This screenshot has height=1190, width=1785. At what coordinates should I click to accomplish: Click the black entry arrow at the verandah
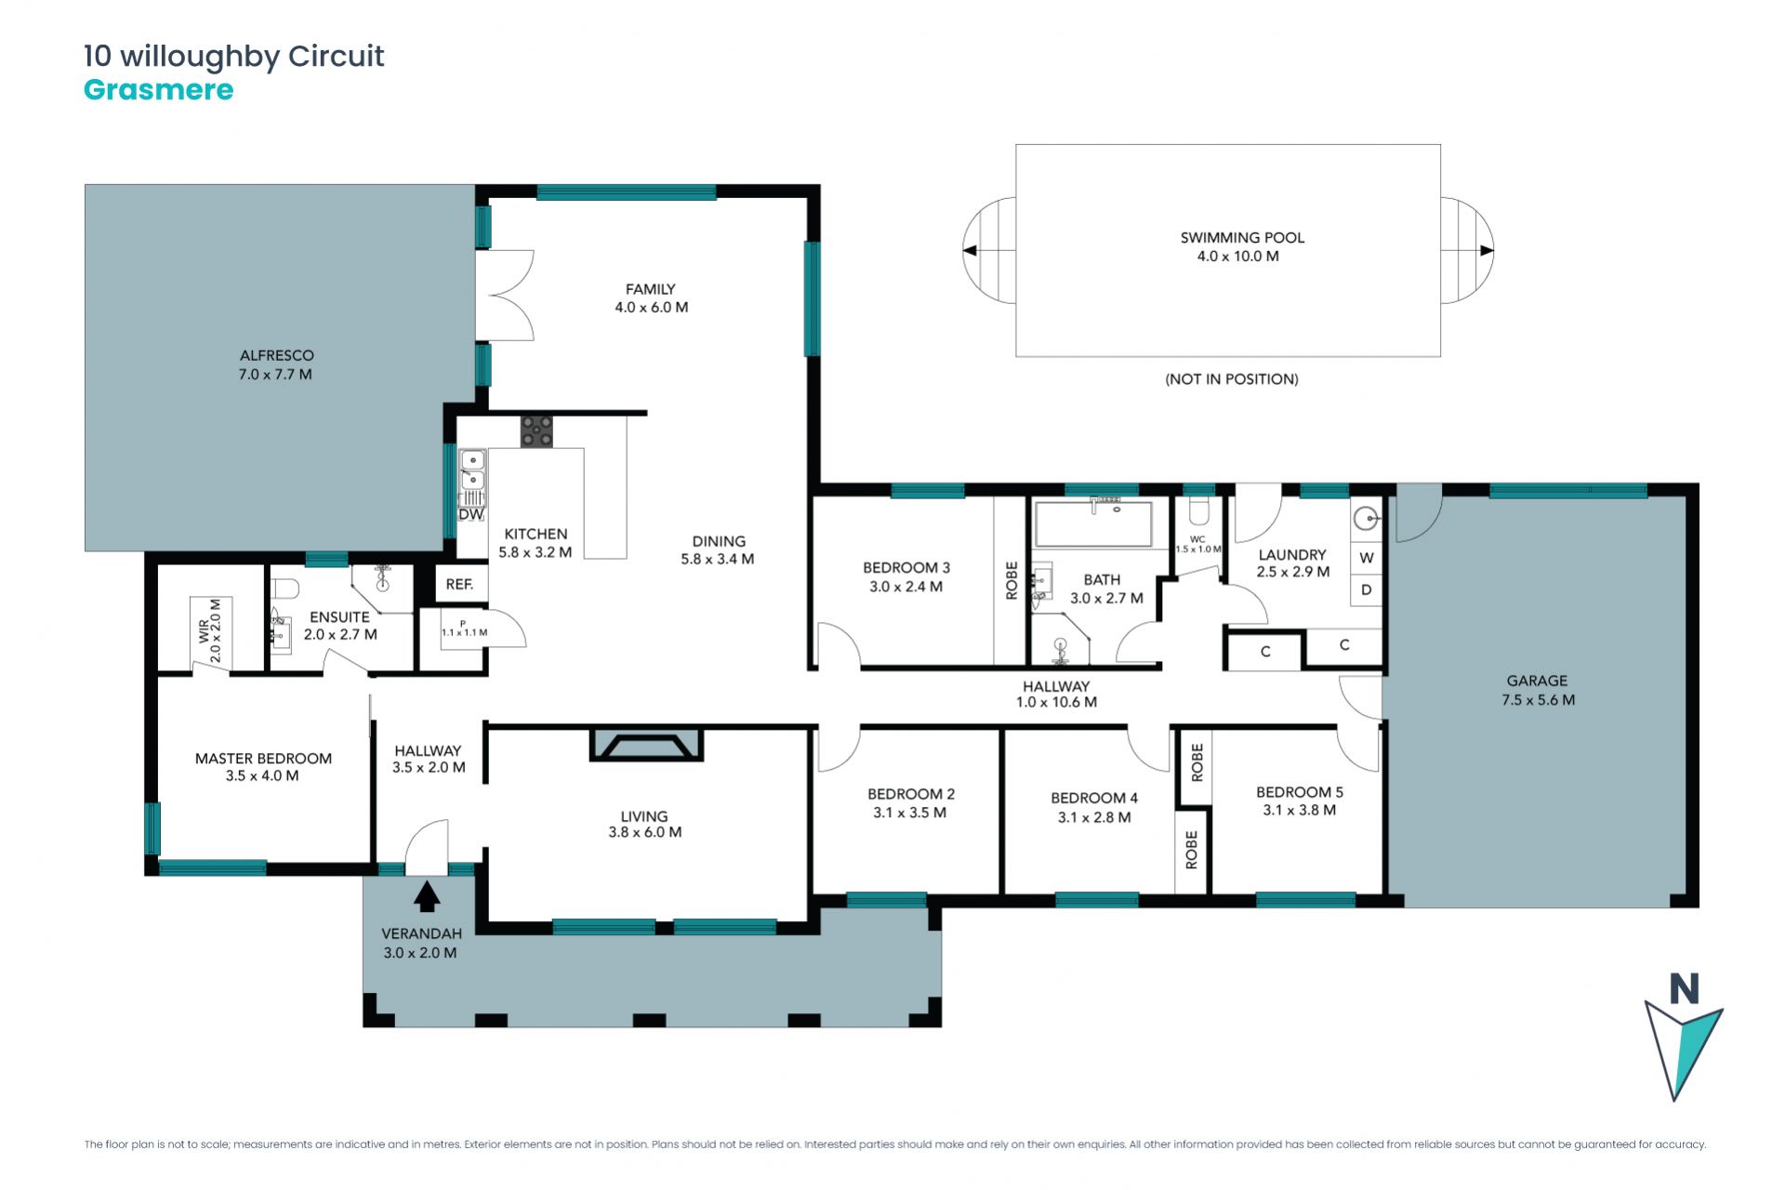pos(427,896)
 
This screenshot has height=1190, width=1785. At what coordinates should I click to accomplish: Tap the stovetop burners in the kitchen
pos(536,431)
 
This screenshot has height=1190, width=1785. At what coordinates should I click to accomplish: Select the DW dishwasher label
pos(471,514)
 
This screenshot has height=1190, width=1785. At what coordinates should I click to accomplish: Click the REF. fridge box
pos(460,584)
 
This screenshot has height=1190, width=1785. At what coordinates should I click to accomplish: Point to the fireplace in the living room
pos(646,746)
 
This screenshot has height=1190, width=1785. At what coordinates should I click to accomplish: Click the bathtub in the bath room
pos(1093,524)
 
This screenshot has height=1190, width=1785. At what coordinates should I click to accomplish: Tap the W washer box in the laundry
pos(1366,558)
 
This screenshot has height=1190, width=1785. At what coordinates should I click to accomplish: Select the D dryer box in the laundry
pos(1366,589)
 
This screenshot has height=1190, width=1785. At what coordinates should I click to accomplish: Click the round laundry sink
pos(1367,518)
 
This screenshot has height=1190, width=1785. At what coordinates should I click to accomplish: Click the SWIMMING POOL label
pos(1242,238)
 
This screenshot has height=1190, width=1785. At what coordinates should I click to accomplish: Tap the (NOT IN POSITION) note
pos(1232,379)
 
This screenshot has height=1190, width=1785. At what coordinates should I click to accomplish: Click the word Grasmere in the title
pos(159,90)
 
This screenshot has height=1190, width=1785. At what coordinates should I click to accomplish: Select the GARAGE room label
pos(1537,681)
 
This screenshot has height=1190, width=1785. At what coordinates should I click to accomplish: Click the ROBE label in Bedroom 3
pos(1011,580)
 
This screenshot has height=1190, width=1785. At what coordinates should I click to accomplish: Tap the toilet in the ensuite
pos(285,589)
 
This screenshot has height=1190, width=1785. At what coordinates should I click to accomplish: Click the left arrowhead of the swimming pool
pos(970,250)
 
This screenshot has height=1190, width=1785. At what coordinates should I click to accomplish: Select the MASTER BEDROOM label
pos(263,759)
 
